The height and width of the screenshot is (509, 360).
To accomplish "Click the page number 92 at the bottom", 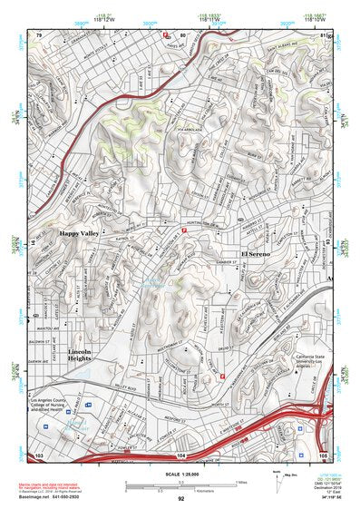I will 181,498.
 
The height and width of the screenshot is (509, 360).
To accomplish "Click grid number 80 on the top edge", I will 182,35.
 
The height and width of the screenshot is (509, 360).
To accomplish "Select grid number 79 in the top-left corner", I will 39,35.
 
